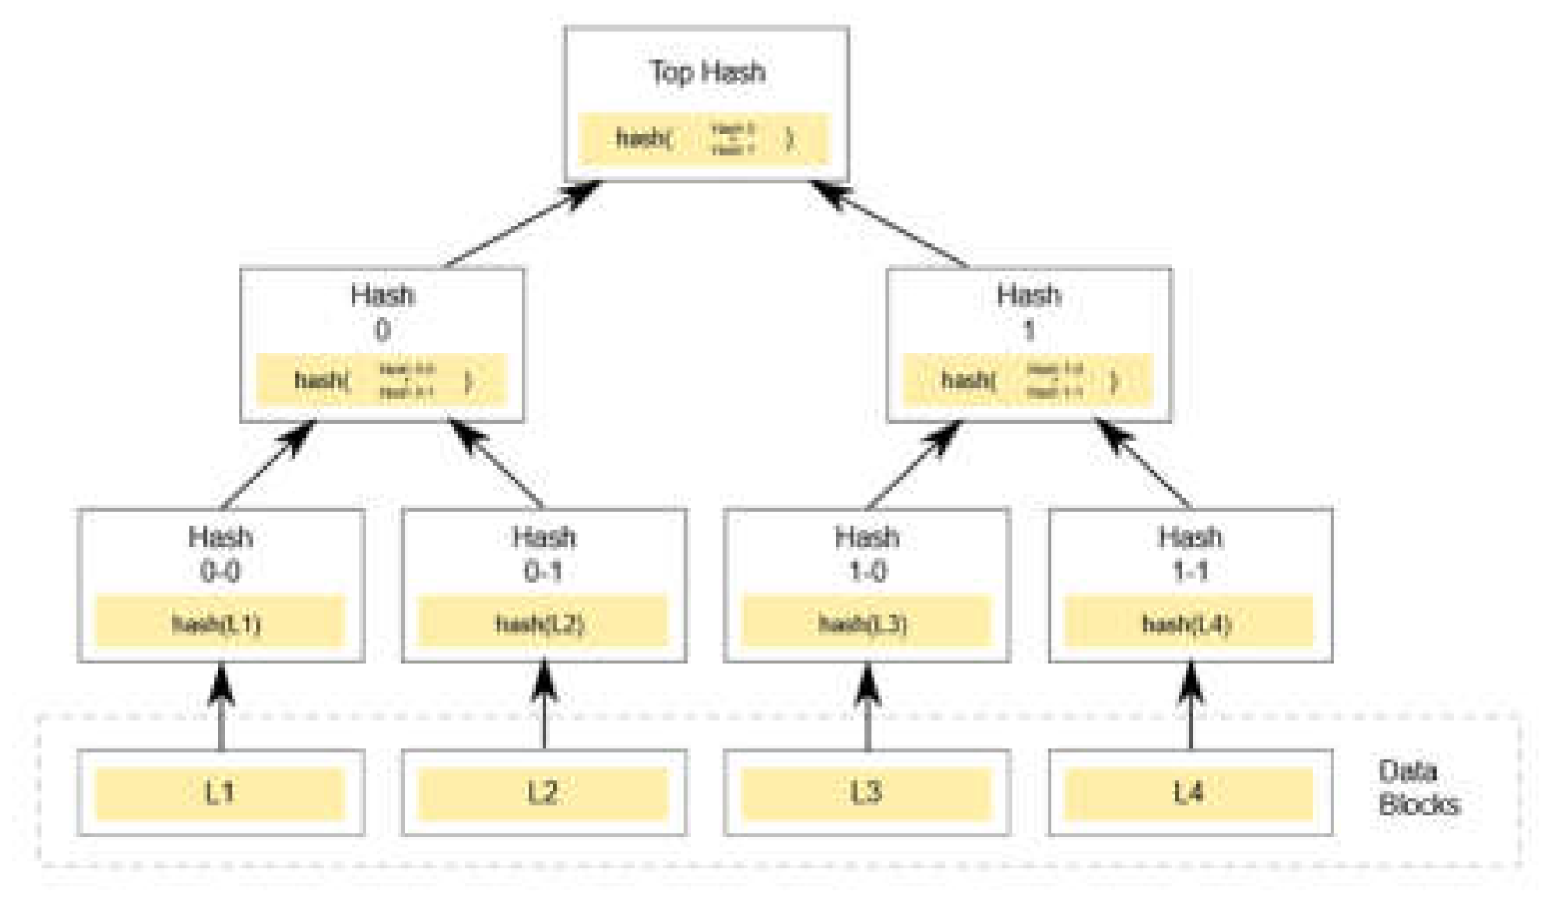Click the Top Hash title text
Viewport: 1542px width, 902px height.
tap(706, 72)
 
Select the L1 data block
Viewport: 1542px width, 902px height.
tap(219, 793)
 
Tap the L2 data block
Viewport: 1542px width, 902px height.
tap(543, 793)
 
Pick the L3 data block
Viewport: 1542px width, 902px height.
tap(866, 793)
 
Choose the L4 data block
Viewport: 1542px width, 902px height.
tap(1189, 793)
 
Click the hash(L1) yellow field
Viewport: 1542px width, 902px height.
tap(218, 623)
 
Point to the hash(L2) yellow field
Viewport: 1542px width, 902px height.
tap(541, 623)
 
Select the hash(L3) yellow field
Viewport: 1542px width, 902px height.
tap(865, 623)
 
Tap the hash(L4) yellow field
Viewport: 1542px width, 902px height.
tap(1187, 623)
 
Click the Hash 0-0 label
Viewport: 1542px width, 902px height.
tap(220, 554)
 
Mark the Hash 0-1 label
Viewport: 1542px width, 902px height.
tap(544, 554)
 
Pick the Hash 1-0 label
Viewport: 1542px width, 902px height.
tap(866, 554)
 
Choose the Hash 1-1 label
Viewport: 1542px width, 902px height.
tap(1190, 554)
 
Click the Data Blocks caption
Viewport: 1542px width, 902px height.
tap(1417, 787)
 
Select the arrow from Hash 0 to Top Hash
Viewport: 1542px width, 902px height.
tap(522, 225)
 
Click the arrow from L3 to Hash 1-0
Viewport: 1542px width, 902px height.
tap(867, 707)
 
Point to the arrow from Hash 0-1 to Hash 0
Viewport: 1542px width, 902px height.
tap(497, 464)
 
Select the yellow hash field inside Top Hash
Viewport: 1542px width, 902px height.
tap(705, 139)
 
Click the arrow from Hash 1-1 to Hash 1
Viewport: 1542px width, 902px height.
tap(1144, 464)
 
